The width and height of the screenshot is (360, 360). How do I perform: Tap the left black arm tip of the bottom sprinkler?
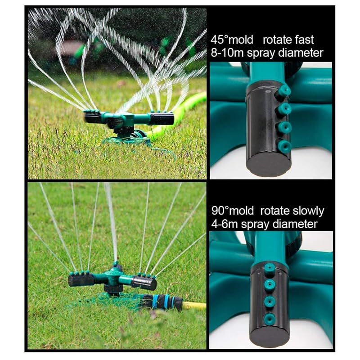click(77, 280)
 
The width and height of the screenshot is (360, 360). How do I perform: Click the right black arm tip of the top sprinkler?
click(162, 118)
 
